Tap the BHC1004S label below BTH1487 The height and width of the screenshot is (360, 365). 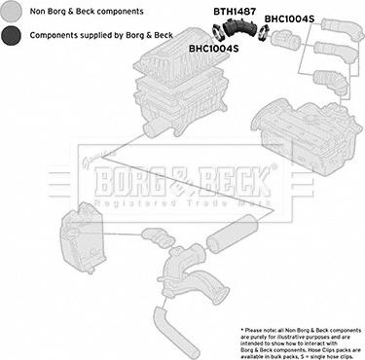click(215, 47)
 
